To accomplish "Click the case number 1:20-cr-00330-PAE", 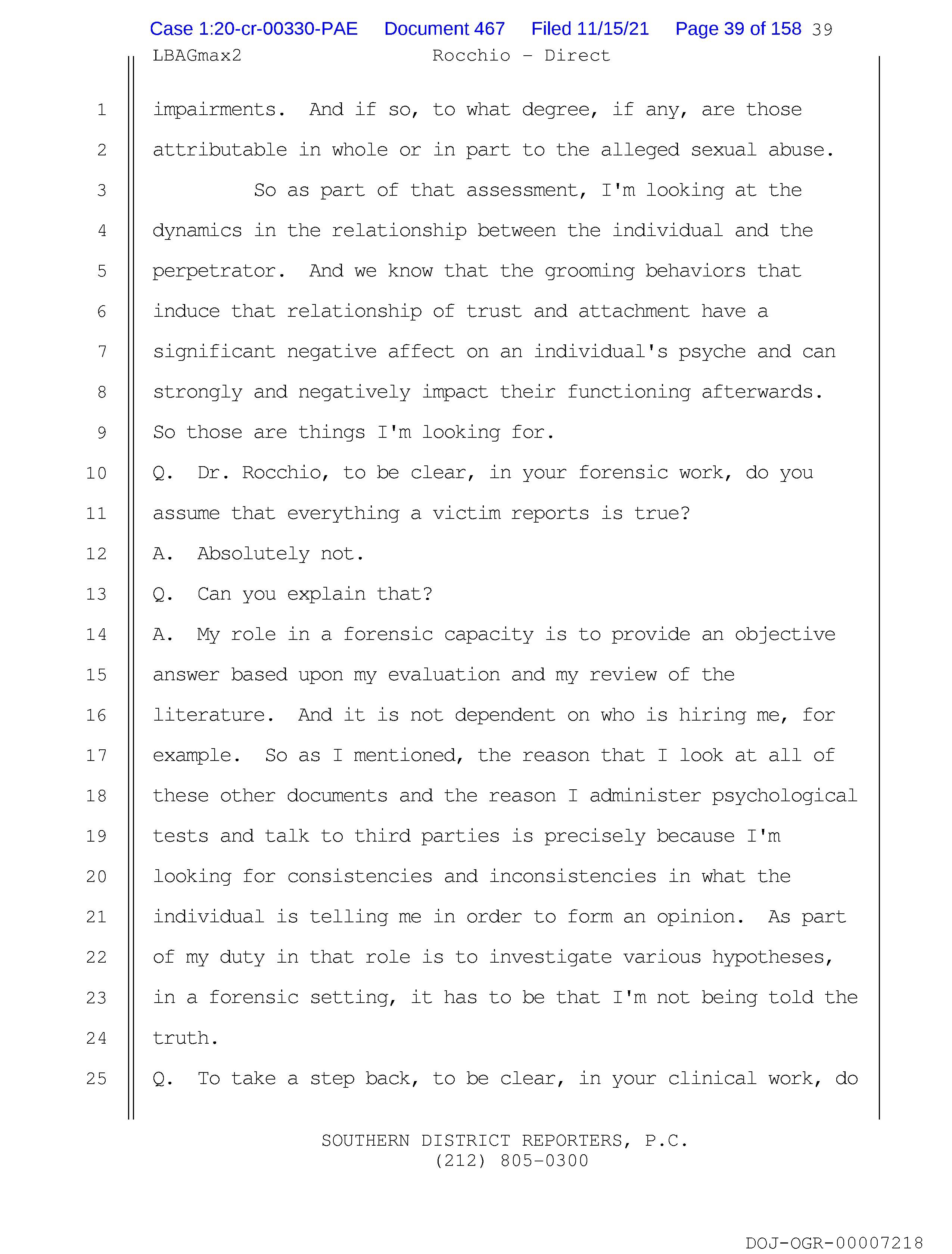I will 253,29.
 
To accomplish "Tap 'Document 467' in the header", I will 444,29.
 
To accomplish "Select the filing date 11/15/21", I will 590,29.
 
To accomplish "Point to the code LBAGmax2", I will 197,56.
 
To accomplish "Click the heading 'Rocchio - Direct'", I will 521,56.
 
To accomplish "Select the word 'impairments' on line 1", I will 214,109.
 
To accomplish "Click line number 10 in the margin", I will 96,473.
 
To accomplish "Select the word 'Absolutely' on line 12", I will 253,553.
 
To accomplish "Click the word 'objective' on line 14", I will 785,634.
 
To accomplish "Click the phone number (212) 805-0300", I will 512,1161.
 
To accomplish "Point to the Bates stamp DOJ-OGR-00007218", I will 834,1243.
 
